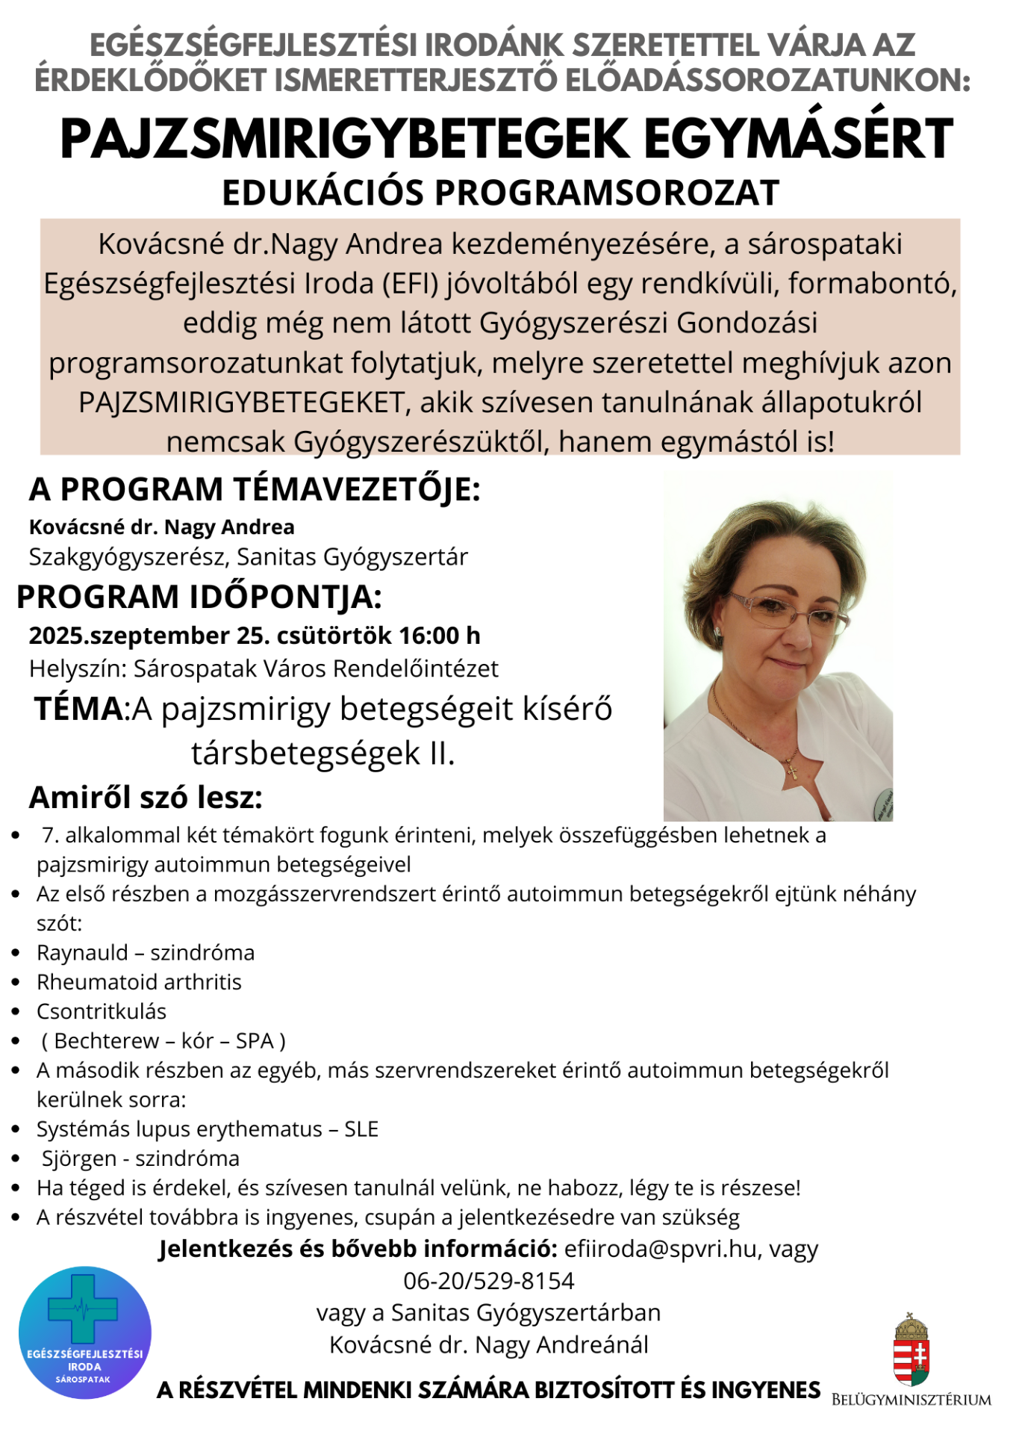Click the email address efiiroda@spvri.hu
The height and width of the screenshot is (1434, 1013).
661,1249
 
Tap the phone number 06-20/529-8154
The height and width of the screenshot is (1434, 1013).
489,1281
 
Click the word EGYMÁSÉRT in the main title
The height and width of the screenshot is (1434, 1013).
798,140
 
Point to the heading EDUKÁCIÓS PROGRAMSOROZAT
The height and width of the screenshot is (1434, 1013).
501,193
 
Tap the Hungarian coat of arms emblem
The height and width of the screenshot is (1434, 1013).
911,1350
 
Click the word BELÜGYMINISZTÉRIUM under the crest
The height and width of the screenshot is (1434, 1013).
911,1400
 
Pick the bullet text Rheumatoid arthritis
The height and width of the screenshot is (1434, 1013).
139,982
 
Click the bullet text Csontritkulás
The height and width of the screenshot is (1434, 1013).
102,1011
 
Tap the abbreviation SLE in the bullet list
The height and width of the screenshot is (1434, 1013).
361,1129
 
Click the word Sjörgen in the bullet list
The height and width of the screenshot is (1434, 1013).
79,1158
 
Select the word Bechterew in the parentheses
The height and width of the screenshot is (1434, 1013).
107,1041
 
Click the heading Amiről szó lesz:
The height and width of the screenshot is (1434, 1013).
146,798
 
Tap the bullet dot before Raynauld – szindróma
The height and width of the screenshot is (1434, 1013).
16,953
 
